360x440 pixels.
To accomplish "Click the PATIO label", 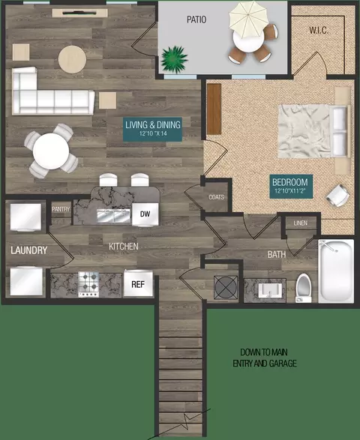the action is click(196, 19).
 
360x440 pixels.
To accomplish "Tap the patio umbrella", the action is click(247, 19).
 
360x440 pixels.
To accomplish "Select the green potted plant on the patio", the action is click(175, 59).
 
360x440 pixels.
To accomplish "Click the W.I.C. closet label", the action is click(319, 30).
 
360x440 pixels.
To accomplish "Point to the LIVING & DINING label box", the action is click(153, 129).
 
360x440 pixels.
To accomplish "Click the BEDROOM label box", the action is click(291, 187).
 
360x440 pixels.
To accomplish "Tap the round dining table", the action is click(51, 151).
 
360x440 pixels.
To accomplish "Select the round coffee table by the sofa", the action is click(72, 59).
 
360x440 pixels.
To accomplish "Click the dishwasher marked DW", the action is click(145, 214).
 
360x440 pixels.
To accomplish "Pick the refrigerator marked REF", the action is click(138, 283).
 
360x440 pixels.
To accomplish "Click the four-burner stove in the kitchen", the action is click(88, 284).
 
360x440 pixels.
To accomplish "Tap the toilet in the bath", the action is click(304, 288).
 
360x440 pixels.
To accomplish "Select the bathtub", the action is click(336, 271).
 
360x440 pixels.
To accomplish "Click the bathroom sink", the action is click(269, 290).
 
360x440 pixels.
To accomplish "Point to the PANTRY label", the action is click(61, 209).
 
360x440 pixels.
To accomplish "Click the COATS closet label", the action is click(217, 197).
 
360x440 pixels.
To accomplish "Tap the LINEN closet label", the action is click(301, 223).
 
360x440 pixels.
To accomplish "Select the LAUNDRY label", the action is click(29, 250).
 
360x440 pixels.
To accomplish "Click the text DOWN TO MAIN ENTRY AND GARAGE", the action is click(265, 358).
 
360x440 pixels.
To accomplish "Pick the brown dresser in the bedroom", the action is click(214, 109).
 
